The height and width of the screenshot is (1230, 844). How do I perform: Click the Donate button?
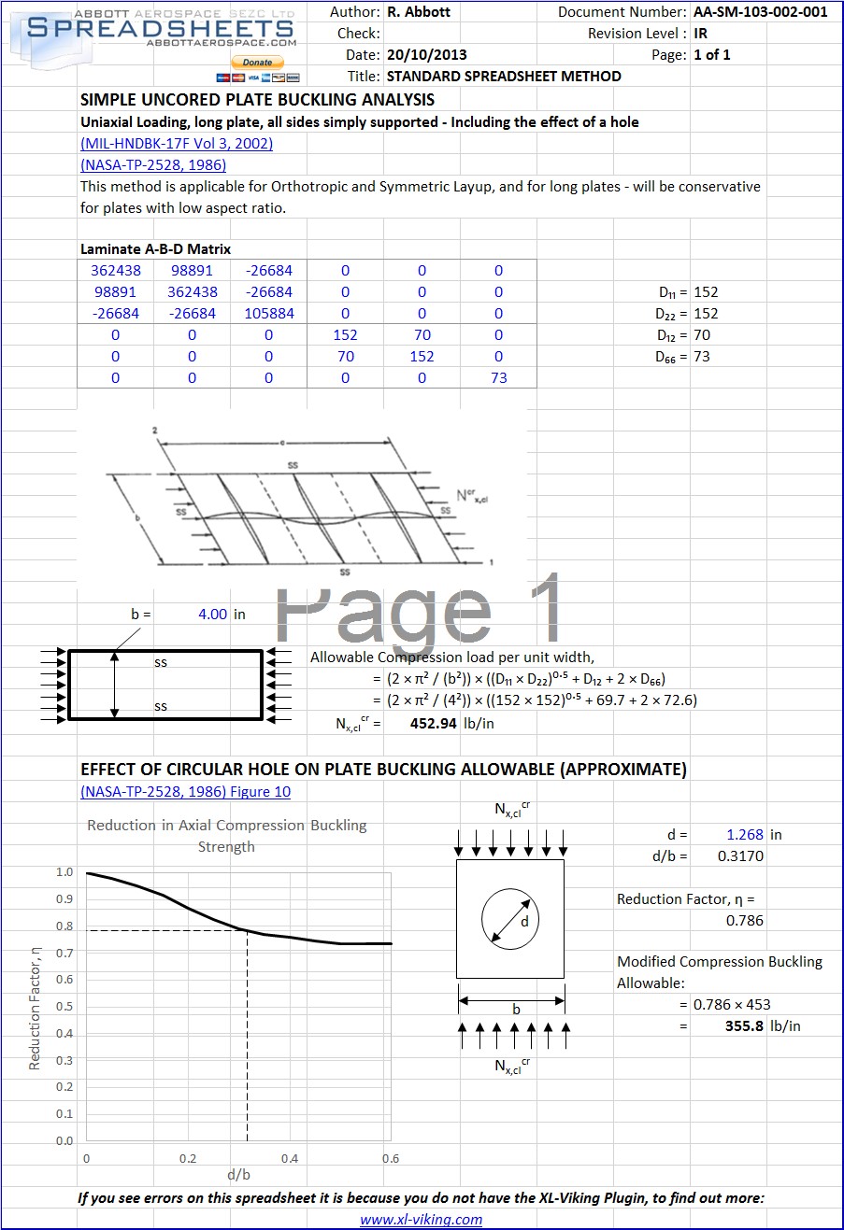tap(257, 62)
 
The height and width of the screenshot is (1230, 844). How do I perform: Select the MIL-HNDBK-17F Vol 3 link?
tap(177, 143)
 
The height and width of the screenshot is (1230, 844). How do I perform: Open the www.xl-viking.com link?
tap(421, 1219)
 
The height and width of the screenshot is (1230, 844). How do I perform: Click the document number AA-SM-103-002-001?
tap(761, 12)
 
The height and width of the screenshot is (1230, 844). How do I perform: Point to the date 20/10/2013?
tap(427, 55)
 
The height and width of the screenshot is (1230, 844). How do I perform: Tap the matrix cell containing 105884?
tap(269, 314)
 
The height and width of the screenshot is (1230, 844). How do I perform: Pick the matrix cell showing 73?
tap(499, 378)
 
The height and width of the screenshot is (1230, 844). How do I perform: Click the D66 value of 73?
tap(702, 357)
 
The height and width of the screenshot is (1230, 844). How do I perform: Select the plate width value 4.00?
tap(213, 614)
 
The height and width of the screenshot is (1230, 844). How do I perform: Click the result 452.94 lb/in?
tap(451, 723)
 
